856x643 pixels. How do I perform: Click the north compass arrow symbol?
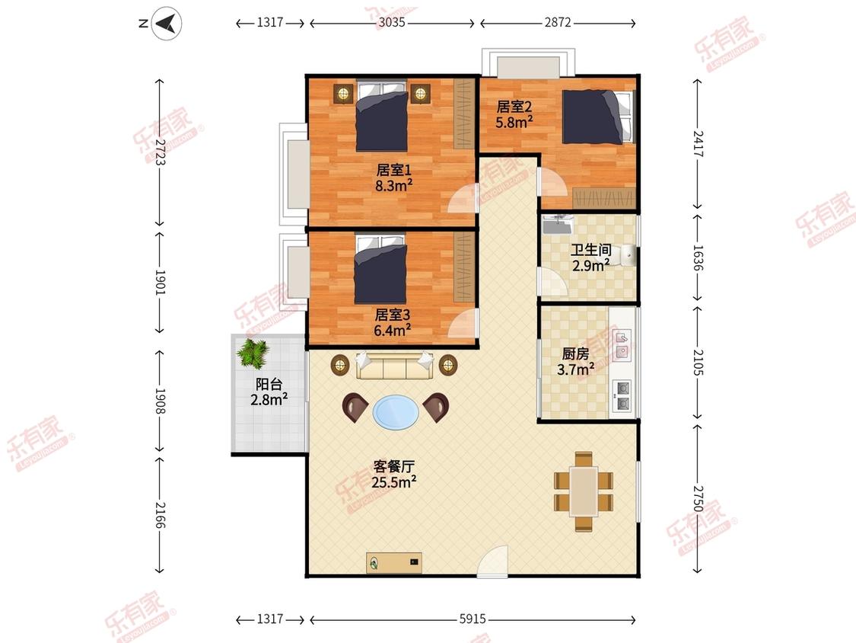[167, 24]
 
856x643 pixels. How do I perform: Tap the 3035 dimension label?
[392, 22]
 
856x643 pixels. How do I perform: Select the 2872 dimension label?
[558, 22]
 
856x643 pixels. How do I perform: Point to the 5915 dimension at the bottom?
[473, 619]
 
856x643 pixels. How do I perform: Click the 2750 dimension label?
[698, 498]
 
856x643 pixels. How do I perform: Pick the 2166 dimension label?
[160, 514]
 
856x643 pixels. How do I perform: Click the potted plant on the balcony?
[253, 353]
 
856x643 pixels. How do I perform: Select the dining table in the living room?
[584, 491]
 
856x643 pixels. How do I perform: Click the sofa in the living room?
[394, 365]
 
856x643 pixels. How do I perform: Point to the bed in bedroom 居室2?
[599, 117]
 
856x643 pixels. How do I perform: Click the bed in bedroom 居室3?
[380, 269]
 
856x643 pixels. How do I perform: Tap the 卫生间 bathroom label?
[590, 250]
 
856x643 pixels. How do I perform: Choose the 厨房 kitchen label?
[575, 353]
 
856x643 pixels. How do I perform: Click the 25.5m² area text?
[394, 482]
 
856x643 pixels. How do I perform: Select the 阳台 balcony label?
[269, 384]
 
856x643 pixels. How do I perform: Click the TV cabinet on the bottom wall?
[393, 562]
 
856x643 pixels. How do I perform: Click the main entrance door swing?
[493, 561]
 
